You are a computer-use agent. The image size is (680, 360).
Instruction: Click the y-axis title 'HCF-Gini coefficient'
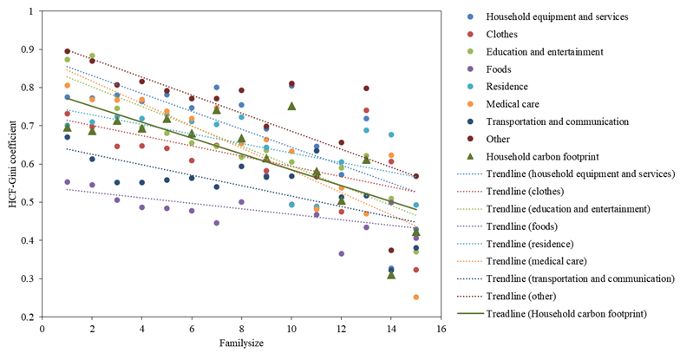pos(11,165)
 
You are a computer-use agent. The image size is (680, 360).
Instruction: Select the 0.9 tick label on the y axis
pos(31,49)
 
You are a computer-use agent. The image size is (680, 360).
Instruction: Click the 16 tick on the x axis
pos(441,330)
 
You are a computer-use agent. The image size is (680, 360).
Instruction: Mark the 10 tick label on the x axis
pos(291,330)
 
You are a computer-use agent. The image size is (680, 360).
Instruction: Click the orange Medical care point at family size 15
pos(416,297)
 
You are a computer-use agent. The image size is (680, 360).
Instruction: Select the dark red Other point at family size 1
pos(67,51)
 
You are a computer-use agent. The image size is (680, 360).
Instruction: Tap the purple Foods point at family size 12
pos(342,253)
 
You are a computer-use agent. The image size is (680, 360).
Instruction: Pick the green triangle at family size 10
pos(291,106)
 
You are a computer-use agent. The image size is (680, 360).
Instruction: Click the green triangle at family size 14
pos(391,274)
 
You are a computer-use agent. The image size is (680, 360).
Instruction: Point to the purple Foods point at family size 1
pos(67,182)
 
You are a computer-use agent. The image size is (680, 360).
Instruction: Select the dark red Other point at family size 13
pos(366,88)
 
